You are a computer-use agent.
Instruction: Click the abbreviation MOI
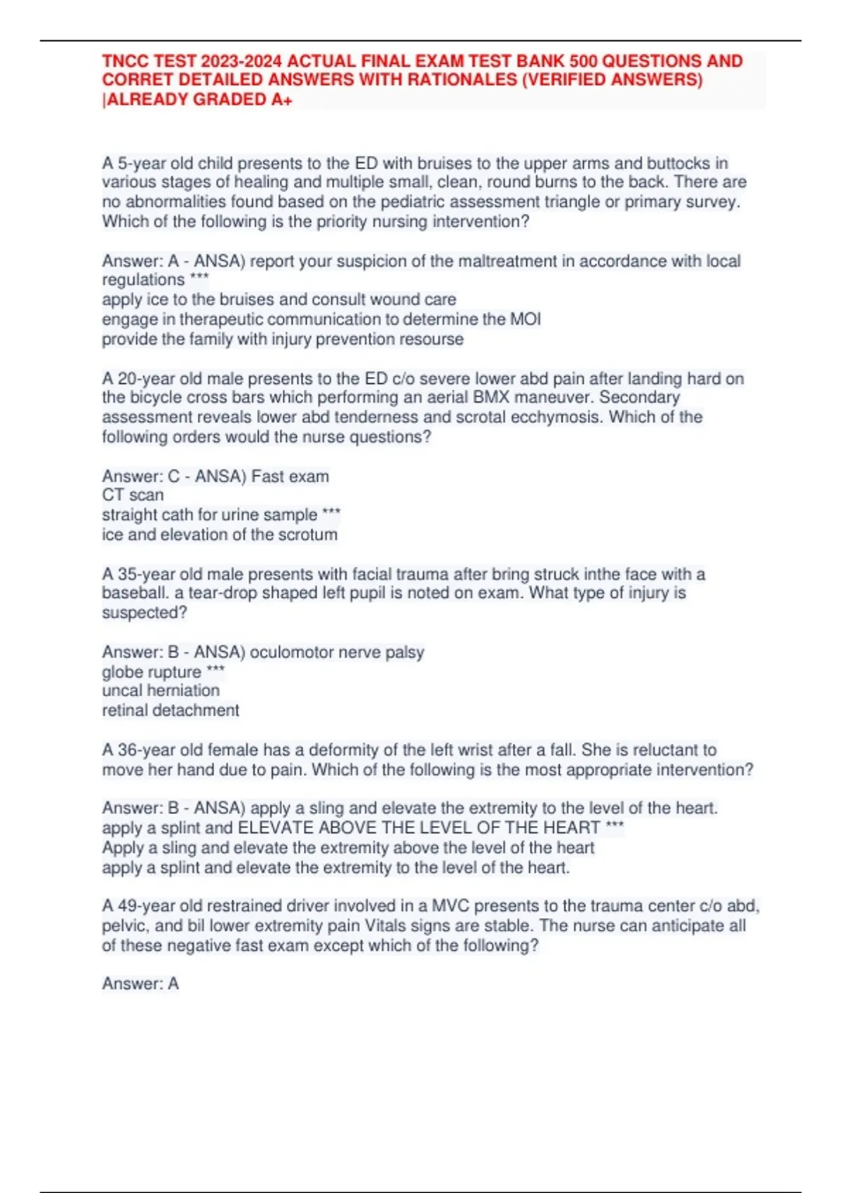tap(525, 319)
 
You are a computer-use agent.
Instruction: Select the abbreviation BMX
tap(490, 398)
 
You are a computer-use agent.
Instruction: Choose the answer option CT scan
tap(133, 495)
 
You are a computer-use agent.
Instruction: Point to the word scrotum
tap(306, 535)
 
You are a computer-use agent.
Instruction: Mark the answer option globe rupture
tap(151, 672)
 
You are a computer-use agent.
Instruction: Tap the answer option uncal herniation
tap(161, 691)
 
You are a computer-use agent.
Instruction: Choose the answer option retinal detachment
tap(171, 711)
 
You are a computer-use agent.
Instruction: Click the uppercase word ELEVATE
tap(275, 828)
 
